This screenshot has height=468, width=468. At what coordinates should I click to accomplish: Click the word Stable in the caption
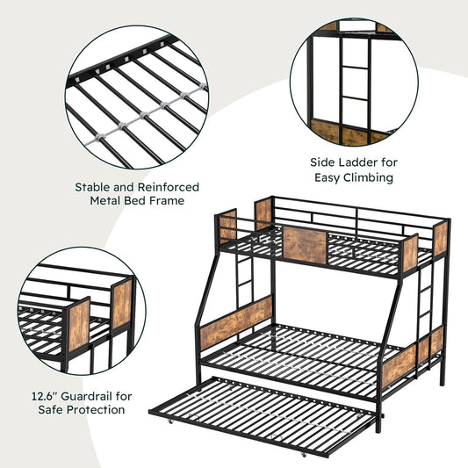pos(92,187)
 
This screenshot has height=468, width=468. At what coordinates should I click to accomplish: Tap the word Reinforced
pos(169,187)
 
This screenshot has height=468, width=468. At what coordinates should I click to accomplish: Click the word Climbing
pos(368,178)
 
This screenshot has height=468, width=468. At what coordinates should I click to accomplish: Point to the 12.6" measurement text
pos(45,396)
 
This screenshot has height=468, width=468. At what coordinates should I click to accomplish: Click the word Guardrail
pos(88,396)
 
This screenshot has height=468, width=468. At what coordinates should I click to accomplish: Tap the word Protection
pos(96,410)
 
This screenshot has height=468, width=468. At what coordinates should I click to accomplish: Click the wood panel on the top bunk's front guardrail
pos(305,245)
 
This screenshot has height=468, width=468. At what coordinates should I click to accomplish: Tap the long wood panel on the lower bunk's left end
pos(236,323)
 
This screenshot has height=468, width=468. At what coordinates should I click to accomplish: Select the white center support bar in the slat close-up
pos(146,115)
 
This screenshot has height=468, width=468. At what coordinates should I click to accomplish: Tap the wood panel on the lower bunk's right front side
pos(399,365)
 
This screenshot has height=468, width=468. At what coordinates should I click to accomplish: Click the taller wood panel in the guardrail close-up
pos(122,304)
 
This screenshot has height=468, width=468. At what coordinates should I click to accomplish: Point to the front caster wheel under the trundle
pos(304,455)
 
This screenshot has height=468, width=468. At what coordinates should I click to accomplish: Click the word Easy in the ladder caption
pos(328,178)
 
